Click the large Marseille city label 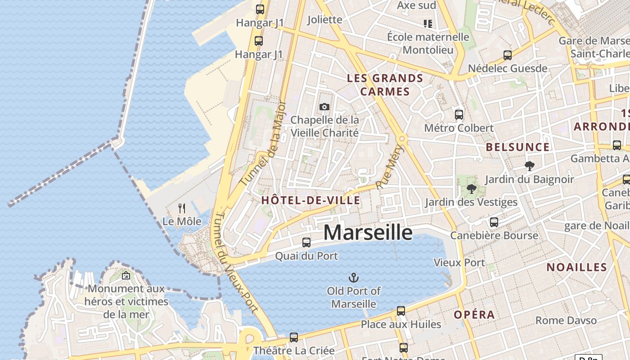click(368, 233)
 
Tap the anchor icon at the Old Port click(354, 277)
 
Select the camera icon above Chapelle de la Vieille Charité click(324, 107)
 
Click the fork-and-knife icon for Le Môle click(182, 208)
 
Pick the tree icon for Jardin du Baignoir click(529, 166)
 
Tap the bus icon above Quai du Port click(306, 242)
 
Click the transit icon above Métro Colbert click(459, 114)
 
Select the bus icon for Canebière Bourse click(494, 222)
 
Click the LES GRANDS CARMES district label click(385, 85)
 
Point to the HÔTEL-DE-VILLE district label click(311, 201)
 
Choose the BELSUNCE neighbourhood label click(517, 147)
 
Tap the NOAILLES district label click(576, 267)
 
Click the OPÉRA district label click(474, 315)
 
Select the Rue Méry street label click(390, 166)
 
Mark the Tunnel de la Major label click(264, 143)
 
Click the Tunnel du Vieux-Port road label click(236, 262)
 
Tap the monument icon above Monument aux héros click(126, 275)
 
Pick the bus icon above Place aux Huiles click(401, 310)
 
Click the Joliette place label click(324, 19)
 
